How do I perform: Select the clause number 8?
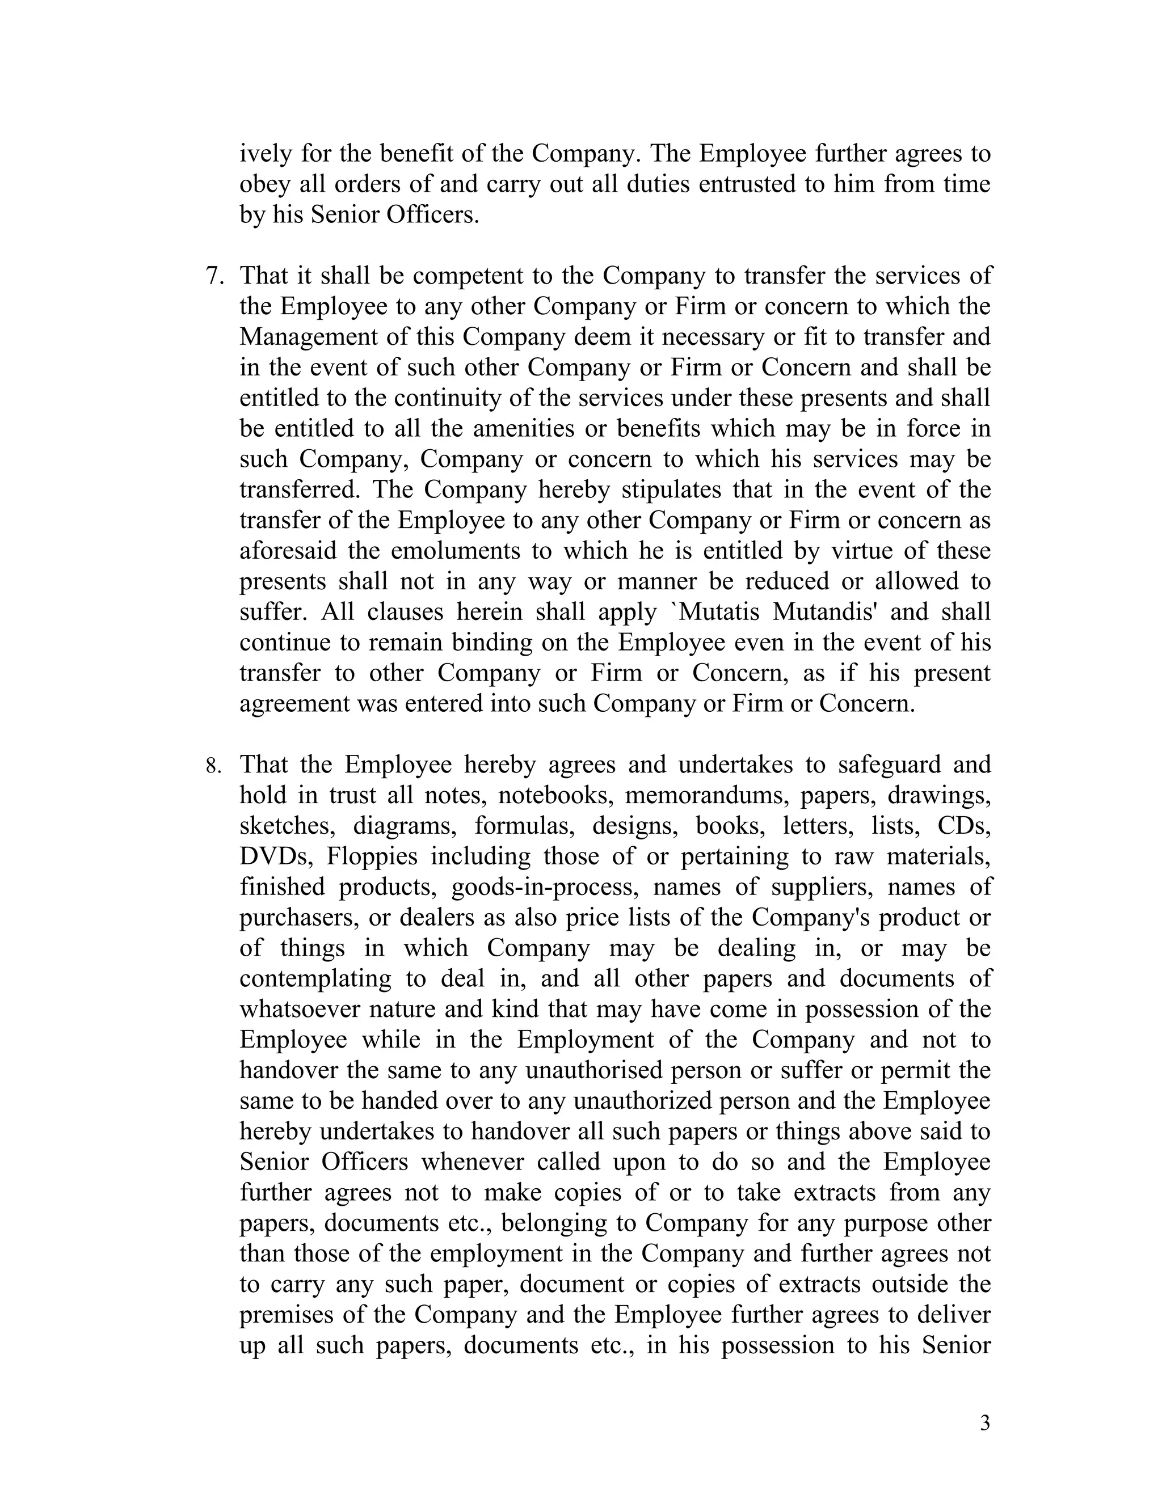[213, 766]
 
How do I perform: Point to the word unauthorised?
[593, 1070]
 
